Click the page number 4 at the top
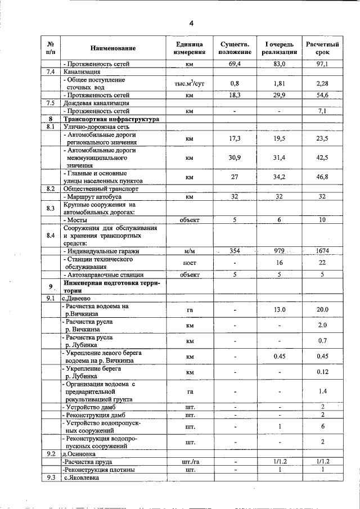191,23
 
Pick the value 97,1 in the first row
322,65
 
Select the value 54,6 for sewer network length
322,96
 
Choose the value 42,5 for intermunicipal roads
322,158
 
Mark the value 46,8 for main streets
322,177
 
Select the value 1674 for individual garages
322,251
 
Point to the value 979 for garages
279,251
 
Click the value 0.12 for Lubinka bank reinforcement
322,372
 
